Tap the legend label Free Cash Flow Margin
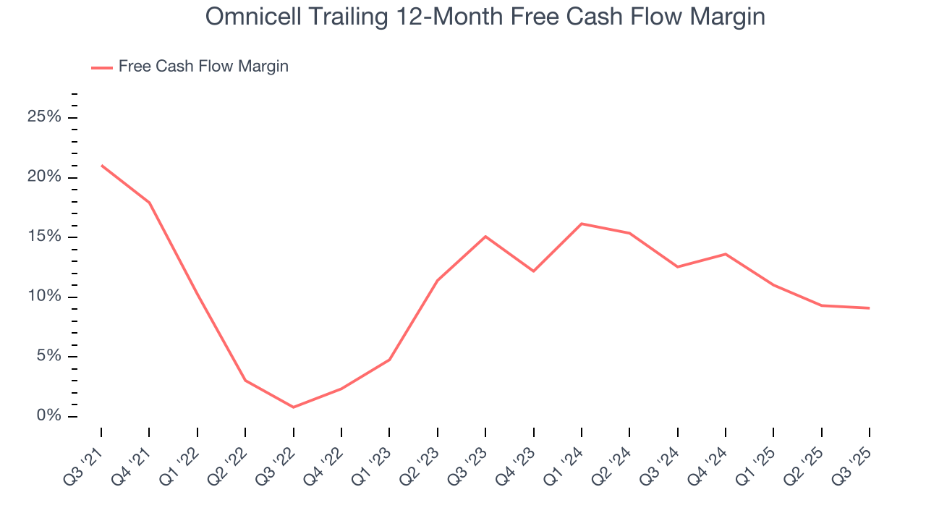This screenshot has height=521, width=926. pos(203,67)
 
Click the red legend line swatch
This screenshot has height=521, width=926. pos(102,67)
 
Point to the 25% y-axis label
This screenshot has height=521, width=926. pos(43,117)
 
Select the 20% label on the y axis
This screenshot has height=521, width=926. pos(43,177)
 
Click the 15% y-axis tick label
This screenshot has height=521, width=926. pos(43,237)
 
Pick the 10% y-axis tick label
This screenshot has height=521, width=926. pos(43,297)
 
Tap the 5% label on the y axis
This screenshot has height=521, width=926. pos(48,356)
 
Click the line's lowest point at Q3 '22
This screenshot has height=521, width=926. pos(293,407)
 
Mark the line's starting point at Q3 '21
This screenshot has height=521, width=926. pos(101,166)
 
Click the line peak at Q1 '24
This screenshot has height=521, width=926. pos(582,224)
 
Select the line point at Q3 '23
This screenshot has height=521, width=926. pos(485,237)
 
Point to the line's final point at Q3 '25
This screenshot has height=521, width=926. pos(869,308)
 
